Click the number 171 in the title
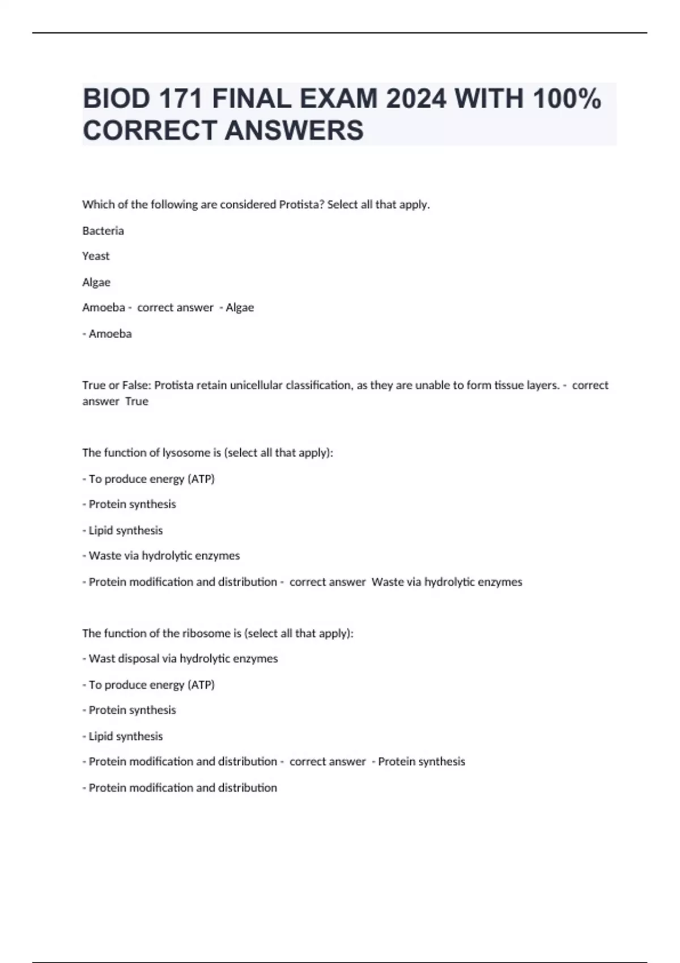(x=180, y=99)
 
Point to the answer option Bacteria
(x=103, y=231)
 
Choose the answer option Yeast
(x=96, y=256)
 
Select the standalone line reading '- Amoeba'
(x=107, y=334)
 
